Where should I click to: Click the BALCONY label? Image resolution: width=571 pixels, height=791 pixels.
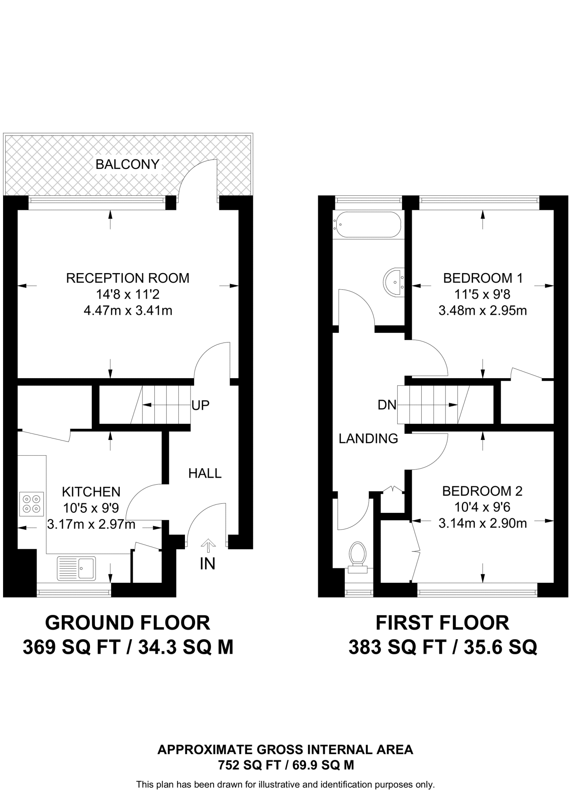127,165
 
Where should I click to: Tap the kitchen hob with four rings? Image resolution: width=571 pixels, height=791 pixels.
32,504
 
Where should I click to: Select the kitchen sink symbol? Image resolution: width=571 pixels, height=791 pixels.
76,568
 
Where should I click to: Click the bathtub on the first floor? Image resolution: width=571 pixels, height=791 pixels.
368,224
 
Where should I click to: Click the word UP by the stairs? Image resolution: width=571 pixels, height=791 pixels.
200,405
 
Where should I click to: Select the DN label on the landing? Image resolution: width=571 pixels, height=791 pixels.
387,405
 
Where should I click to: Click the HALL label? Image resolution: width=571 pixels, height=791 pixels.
205,473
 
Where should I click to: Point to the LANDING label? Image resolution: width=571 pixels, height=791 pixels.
368,438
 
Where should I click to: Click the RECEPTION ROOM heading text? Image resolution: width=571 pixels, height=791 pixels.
127,278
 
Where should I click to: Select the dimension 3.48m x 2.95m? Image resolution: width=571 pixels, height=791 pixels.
482,311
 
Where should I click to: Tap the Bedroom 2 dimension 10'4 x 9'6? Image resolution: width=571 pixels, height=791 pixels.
482,507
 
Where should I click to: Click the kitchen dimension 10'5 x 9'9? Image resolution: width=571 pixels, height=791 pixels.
91,508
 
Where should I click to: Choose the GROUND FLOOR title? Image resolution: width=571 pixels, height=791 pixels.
127,623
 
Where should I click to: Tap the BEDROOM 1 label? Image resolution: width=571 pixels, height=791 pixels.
483,278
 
